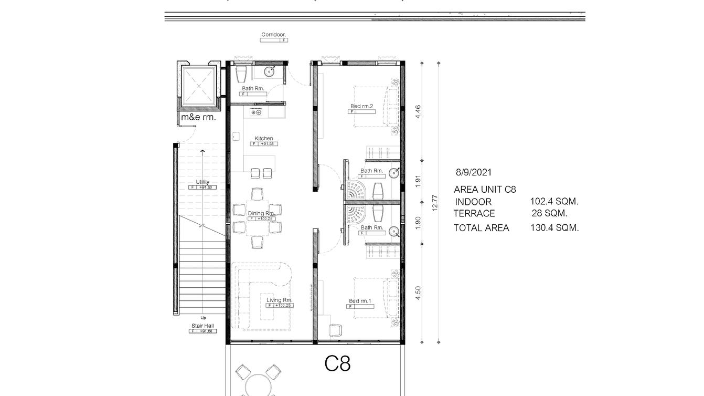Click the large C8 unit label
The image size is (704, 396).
tap(337, 363)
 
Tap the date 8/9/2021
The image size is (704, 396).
tap(474, 172)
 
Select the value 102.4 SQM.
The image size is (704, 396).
tap(554, 201)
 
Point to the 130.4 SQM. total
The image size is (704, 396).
tap(554, 228)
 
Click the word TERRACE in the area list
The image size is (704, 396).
tap(474, 214)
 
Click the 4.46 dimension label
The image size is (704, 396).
tap(418, 112)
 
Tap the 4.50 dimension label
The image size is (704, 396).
tap(418, 293)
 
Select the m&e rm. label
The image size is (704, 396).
tap(198, 118)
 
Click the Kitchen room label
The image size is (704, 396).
tap(264, 139)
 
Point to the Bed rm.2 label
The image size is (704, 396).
tap(361, 107)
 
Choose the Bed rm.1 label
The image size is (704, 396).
tap(360, 301)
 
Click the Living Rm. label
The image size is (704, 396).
tap(279, 300)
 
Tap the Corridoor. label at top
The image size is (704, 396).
tap(274, 35)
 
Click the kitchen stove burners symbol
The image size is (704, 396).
tap(257, 112)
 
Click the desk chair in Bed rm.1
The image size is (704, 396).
tap(335, 330)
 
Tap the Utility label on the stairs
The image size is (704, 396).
tap(202, 182)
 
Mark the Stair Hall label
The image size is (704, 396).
tap(202, 326)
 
